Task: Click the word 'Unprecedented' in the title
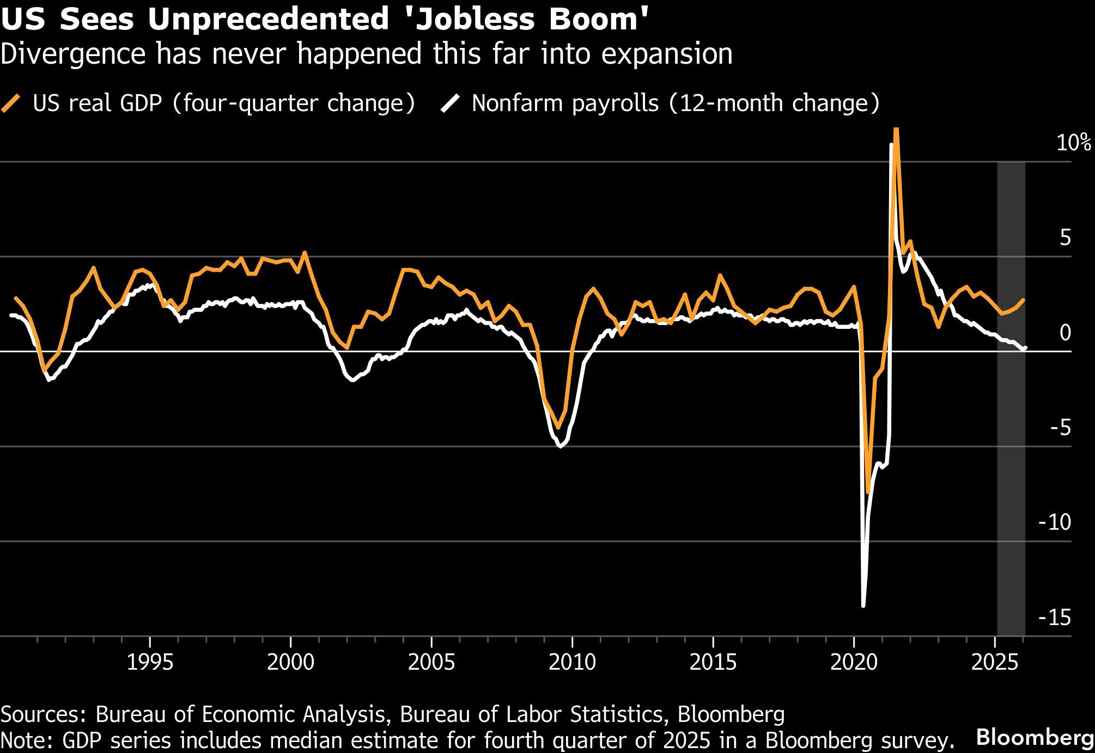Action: tap(265, 20)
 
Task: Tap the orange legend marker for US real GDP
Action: tap(12, 103)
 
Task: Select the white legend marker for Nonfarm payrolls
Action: tap(450, 103)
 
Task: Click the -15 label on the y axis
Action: tap(1055, 618)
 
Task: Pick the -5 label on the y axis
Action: tap(1060, 428)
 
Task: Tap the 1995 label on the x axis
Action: tap(150, 663)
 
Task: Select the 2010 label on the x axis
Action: tap(572, 663)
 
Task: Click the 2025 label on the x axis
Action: tap(995, 663)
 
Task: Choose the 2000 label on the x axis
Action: tap(290, 663)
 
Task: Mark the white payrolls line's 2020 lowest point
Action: tap(863, 605)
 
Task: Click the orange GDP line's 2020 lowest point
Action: tap(868, 493)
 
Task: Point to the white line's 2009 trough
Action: tap(559, 446)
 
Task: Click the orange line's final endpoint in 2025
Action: tap(1024, 299)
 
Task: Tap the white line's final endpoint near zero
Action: tap(1025, 348)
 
